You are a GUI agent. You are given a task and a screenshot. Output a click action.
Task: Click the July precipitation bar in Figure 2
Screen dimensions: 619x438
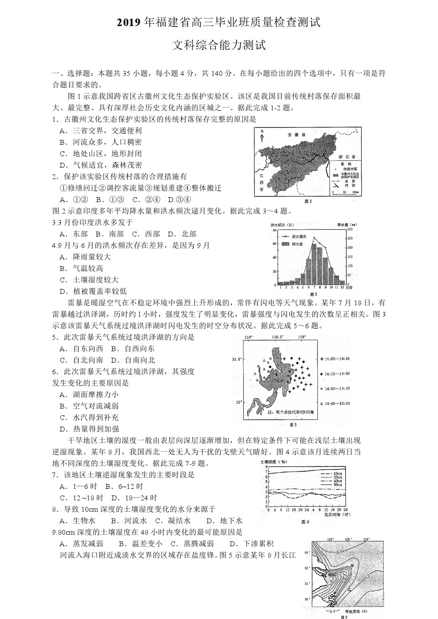pyautogui.click(x=314, y=264)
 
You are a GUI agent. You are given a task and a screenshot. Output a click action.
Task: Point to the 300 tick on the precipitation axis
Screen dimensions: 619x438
pyautogui.click(x=350, y=229)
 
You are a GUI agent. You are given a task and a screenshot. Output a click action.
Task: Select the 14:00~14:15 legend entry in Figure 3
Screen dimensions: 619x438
pyautogui.click(x=337, y=359)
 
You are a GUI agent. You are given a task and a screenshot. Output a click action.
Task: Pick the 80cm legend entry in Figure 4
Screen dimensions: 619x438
pyautogui.click(x=338, y=485)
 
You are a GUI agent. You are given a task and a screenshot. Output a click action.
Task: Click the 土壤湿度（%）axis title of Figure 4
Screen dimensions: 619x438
pyautogui.click(x=274, y=462)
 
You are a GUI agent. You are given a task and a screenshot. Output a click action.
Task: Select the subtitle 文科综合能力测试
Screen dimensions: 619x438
pyautogui.click(x=219, y=45)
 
